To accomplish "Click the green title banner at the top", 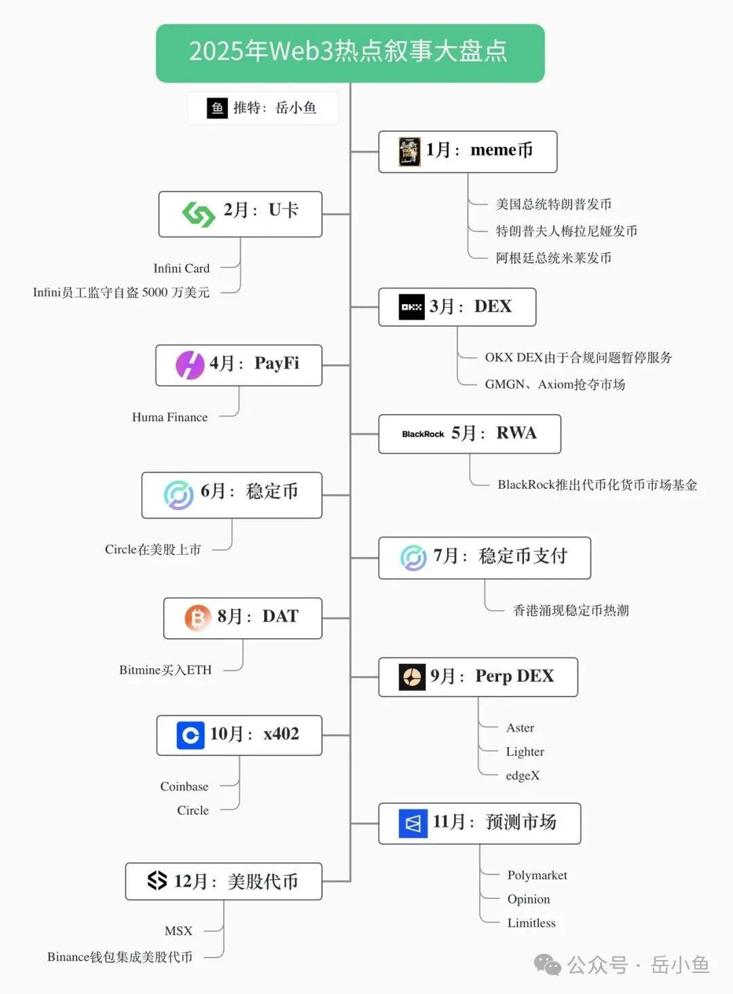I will pyautogui.click(x=350, y=53).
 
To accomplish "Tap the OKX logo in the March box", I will pyautogui.click(x=411, y=307).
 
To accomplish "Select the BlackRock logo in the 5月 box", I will pyautogui.click(x=423, y=434).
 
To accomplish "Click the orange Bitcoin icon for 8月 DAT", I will pyautogui.click(x=197, y=618).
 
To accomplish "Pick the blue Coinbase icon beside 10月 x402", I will pyautogui.click(x=191, y=735).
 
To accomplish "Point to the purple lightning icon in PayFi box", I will pyautogui.click(x=190, y=365).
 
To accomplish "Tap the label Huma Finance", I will pyautogui.click(x=170, y=417).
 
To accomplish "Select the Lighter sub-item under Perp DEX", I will pyautogui.click(x=525, y=752).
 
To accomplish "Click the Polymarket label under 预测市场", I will pyautogui.click(x=537, y=875).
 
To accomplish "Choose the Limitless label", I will pyautogui.click(x=531, y=923).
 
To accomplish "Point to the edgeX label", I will pyautogui.click(x=523, y=775).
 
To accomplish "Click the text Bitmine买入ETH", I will pyautogui.click(x=166, y=670).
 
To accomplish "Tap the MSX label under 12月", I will pyautogui.click(x=178, y=931).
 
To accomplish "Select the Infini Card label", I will pyautogui.click(x=181, y=268).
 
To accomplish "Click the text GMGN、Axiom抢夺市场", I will pyautogui.click(x=555, y=384).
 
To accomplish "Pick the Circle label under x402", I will pyautogui.click(x=193, y=810).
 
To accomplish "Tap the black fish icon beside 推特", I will pyautogui.click(x=217, y=108).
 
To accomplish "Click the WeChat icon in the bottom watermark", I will pyautogui.click(x=547, y=964).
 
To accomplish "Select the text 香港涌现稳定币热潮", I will pyautogui.click(x=571, y=610).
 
